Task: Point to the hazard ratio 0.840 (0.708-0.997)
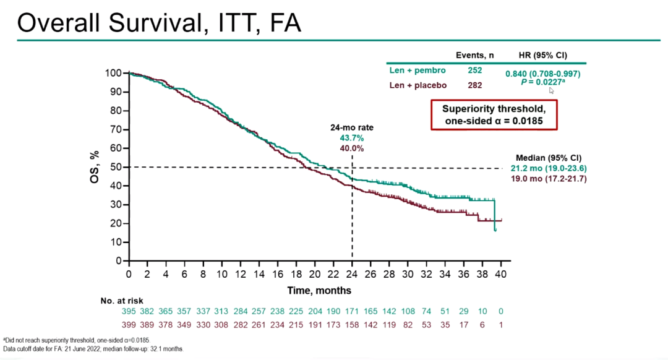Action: coord(542,74)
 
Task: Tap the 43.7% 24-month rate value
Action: coord(351,139)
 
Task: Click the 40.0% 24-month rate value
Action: coord(351,148)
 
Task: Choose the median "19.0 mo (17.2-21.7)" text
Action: coord(548,179)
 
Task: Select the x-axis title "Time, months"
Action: coord(319,290)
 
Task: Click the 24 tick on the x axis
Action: coord(352,274)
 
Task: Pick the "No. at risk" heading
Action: coord(121,301)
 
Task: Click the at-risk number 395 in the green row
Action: coord(129,311)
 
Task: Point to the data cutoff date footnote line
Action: coord(93,349)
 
